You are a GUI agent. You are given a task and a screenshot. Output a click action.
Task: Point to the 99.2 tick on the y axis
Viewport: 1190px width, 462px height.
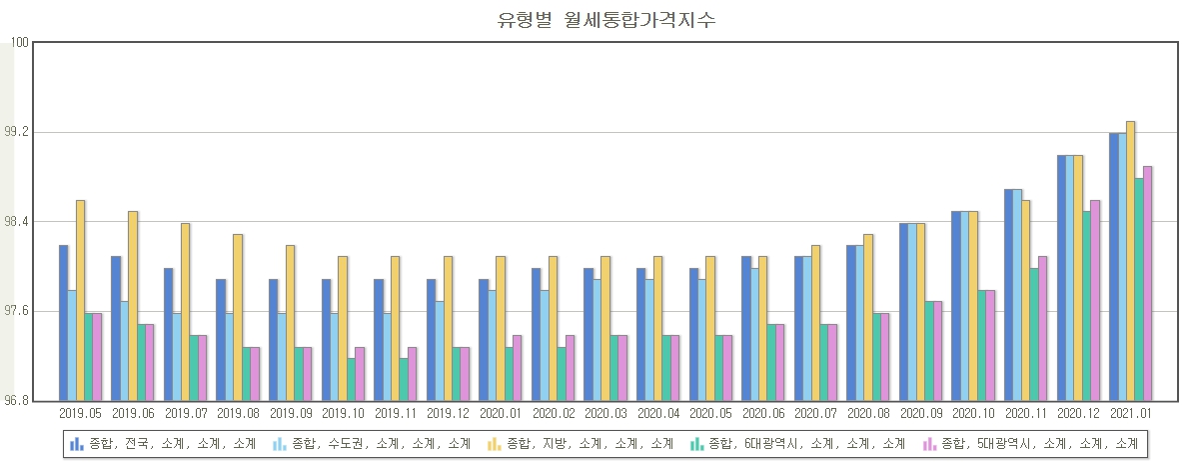click(17, 133)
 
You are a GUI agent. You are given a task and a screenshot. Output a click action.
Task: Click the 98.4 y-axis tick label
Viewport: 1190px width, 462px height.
click(17, 222)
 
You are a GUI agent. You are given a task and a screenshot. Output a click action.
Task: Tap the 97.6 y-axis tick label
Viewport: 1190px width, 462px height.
click(17, 312)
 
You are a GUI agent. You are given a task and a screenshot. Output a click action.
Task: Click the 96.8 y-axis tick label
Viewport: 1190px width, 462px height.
click(17, 401)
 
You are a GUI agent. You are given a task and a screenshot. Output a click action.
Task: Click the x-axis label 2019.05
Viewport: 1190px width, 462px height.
click(80, 412)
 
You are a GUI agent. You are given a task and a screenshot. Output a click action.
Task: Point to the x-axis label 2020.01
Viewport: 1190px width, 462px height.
click(501, 412)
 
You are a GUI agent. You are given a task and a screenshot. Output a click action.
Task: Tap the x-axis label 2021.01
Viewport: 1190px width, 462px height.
click(1131, 412)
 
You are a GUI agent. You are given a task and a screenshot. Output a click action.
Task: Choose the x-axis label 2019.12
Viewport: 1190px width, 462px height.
click(448, 412)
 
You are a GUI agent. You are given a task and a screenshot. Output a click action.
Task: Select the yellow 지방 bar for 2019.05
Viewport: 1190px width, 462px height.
click(80, 300)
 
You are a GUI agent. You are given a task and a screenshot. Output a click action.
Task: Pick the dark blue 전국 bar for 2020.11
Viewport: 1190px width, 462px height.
click(1009, 295)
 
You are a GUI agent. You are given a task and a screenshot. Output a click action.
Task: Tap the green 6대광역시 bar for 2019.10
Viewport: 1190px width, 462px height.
click(352, 379)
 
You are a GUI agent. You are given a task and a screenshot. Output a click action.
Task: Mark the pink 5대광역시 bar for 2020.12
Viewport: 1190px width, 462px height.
click(1095, 300)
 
